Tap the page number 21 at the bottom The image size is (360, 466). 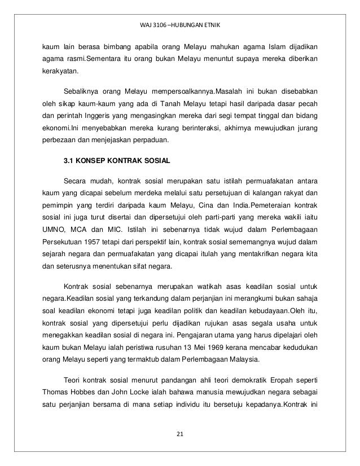180,433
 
